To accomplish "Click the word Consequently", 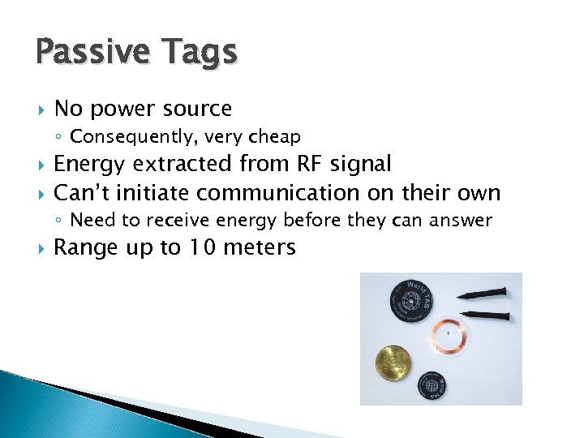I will [120, 136].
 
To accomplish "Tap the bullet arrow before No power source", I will [40, 109].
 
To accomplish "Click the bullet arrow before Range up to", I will [40, 248].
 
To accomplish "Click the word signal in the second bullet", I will [361, 165].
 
